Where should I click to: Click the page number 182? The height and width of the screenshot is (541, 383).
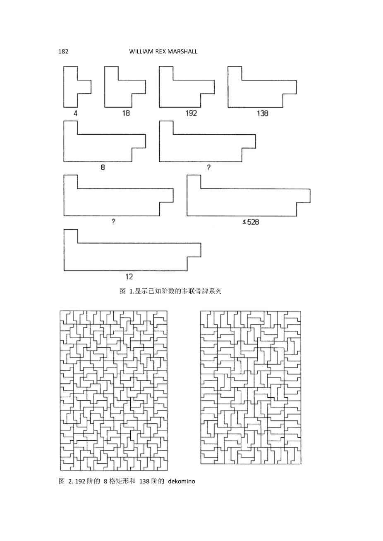(64, 52)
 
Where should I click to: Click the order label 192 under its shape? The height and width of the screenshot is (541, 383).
(191, 113)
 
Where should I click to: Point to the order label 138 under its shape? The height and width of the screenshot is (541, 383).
(262, 113)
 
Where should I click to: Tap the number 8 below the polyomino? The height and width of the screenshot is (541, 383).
(103, 168)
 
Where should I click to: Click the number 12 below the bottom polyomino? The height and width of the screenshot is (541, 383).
(129, 277)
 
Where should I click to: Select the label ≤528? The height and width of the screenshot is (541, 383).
(251, 222)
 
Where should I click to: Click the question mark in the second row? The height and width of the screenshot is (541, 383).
(209, 168)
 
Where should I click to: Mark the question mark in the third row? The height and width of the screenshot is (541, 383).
(113, 222)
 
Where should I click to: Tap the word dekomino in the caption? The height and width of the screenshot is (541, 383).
(181, 481)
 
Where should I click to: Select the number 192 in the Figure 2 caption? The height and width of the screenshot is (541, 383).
(80, 481)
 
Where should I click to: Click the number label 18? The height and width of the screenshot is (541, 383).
(126, 113)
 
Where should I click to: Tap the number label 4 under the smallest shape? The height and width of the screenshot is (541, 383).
(76, 113)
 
